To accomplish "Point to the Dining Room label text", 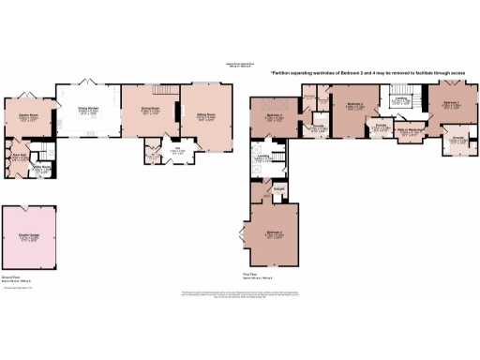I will click(152, 110).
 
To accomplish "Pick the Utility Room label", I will click(42, 169).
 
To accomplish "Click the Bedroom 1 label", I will click(451, 103).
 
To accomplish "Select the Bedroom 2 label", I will click(354, 105).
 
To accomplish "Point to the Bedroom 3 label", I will click(272, 232).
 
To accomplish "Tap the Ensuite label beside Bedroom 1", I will click(458, 139).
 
